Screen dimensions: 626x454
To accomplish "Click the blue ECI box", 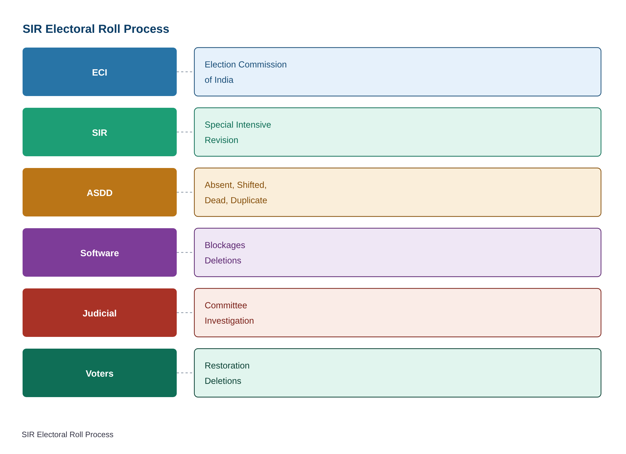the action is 100,72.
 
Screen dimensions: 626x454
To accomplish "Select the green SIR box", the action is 100,132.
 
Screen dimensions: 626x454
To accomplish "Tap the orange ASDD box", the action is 100,192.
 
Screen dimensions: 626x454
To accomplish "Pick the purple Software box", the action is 100,252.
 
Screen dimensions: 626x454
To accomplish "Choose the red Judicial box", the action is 100,313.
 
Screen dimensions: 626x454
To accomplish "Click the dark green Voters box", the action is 100,373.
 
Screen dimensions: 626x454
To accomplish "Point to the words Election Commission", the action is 246,64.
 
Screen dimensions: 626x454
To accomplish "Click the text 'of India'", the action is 219,80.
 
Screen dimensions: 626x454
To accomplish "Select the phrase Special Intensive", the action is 238,125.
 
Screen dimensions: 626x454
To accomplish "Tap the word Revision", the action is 222,140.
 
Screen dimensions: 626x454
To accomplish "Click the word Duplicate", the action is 249,200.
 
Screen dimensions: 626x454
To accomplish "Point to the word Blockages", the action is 225,245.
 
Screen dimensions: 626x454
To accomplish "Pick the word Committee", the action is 226,305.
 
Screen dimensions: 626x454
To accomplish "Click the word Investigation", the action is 229,321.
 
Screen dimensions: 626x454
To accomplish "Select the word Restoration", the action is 227,365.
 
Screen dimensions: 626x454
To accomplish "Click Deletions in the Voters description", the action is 223,381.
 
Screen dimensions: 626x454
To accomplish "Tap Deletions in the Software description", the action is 223,260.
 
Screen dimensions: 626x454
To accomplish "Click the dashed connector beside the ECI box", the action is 184,72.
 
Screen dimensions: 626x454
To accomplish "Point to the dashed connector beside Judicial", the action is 184,313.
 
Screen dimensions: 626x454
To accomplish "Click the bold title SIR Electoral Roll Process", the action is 96,29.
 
